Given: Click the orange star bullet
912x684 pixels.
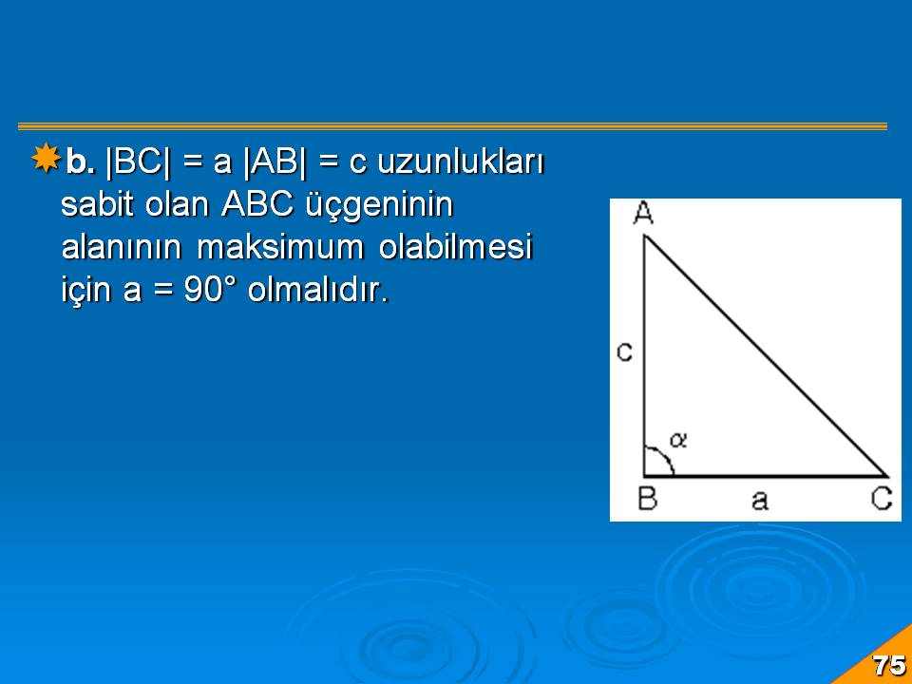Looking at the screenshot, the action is tap(46, 158).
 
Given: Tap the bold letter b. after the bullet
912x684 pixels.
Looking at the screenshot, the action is tap(81, 161).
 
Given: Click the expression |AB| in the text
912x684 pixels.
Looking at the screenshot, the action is tap(275, 161).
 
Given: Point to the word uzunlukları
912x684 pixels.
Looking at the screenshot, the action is tap(460, 161).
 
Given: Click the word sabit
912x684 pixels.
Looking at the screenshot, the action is tap(97, 204).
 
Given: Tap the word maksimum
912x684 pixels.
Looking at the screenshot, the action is tap(280, 247).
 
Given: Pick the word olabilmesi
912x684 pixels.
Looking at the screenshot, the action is tap(455, 247).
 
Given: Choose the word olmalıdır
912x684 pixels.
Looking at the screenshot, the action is tap(317, 289).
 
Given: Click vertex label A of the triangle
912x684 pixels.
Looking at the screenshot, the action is tap(643, 213).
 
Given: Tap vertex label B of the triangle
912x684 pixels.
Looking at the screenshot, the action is tap(648, 499).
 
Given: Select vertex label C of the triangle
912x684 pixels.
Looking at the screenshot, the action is tap(882, 499).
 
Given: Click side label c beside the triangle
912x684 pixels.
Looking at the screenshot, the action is tap(625, 352).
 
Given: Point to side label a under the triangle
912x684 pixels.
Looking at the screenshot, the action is tap(760, 501).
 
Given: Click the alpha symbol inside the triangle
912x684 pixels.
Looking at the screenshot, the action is tap(678, 440).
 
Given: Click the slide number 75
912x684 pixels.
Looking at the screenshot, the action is tap(889, 665).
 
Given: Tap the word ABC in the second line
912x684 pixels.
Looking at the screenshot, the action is tap(257, 204).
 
